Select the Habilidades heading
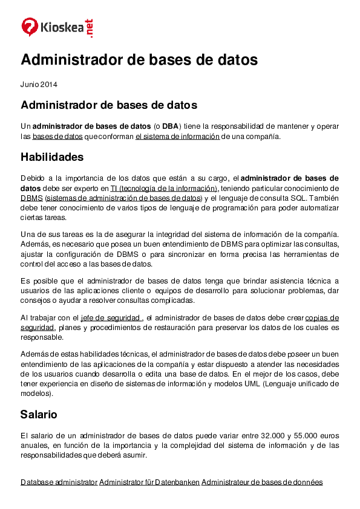coord(52,157)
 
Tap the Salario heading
coord(39,415)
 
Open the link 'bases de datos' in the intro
coord(57,137)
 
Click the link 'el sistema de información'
coord(177,137)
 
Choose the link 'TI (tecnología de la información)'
coord(163,188)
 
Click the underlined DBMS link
coord(31,198)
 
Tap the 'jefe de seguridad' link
coord(111,318)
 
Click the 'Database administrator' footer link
coord(59,482)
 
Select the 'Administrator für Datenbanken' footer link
coord(149,482)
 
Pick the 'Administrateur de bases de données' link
coord(262,482)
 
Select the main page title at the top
coord(139,60)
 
